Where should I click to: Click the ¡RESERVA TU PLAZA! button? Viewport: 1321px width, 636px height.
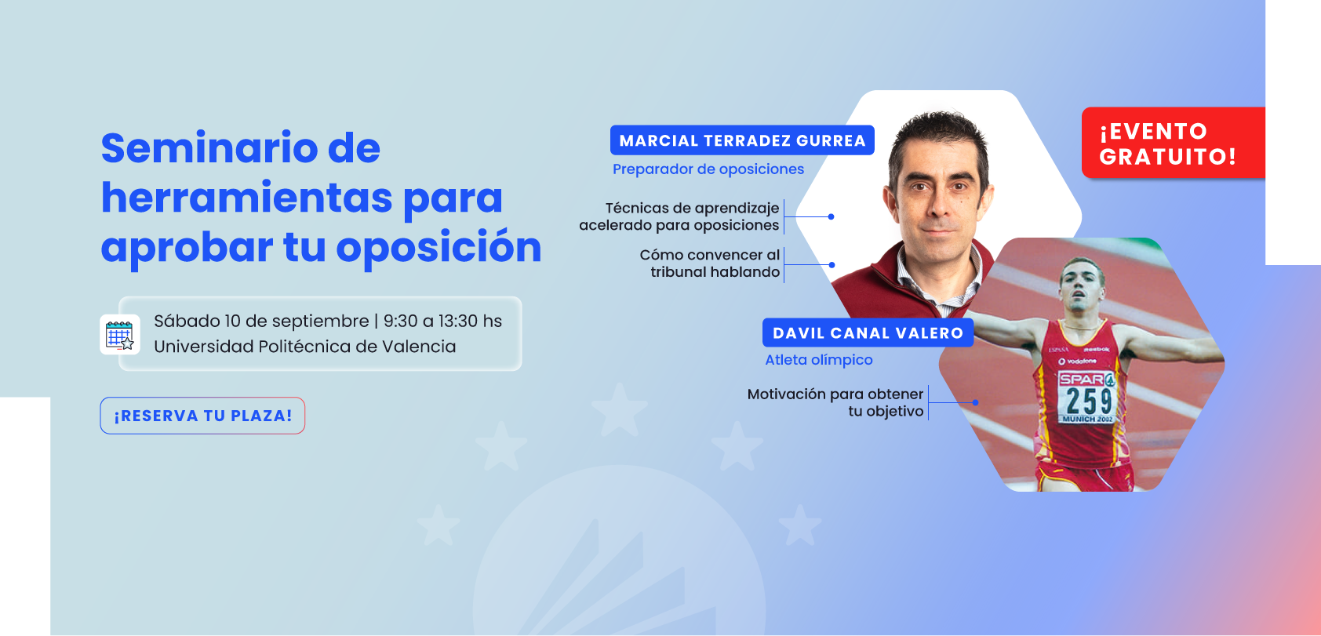click(x=202, y=416)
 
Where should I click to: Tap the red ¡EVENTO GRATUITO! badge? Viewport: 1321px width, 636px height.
click(x=1173, y=143)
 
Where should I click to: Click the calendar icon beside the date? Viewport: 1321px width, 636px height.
click(x=120, y=335)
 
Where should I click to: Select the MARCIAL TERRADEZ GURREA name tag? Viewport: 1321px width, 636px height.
click(x=742, y=140)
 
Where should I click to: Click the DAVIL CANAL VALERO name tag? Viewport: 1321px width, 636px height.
click(x=868, y=333)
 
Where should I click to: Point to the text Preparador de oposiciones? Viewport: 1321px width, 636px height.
click(x=708, y=169)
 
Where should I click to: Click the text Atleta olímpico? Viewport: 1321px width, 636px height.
click(x=818, y=359)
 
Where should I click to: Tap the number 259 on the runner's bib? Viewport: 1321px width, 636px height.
click(x=1089, y=402)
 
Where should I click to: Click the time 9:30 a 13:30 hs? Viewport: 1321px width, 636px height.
click(x=442, y=322)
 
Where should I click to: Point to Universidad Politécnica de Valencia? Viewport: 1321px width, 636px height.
click(x=305, y=347)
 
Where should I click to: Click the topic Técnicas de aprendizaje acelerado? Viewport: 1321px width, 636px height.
click(x=679, y=216)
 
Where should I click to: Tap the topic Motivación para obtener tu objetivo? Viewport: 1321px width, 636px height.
click(x=835, y=402)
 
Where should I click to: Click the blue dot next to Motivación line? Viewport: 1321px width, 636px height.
click(x=975, y=402)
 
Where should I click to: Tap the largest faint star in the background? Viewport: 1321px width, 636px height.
click(x=619, y=410)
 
